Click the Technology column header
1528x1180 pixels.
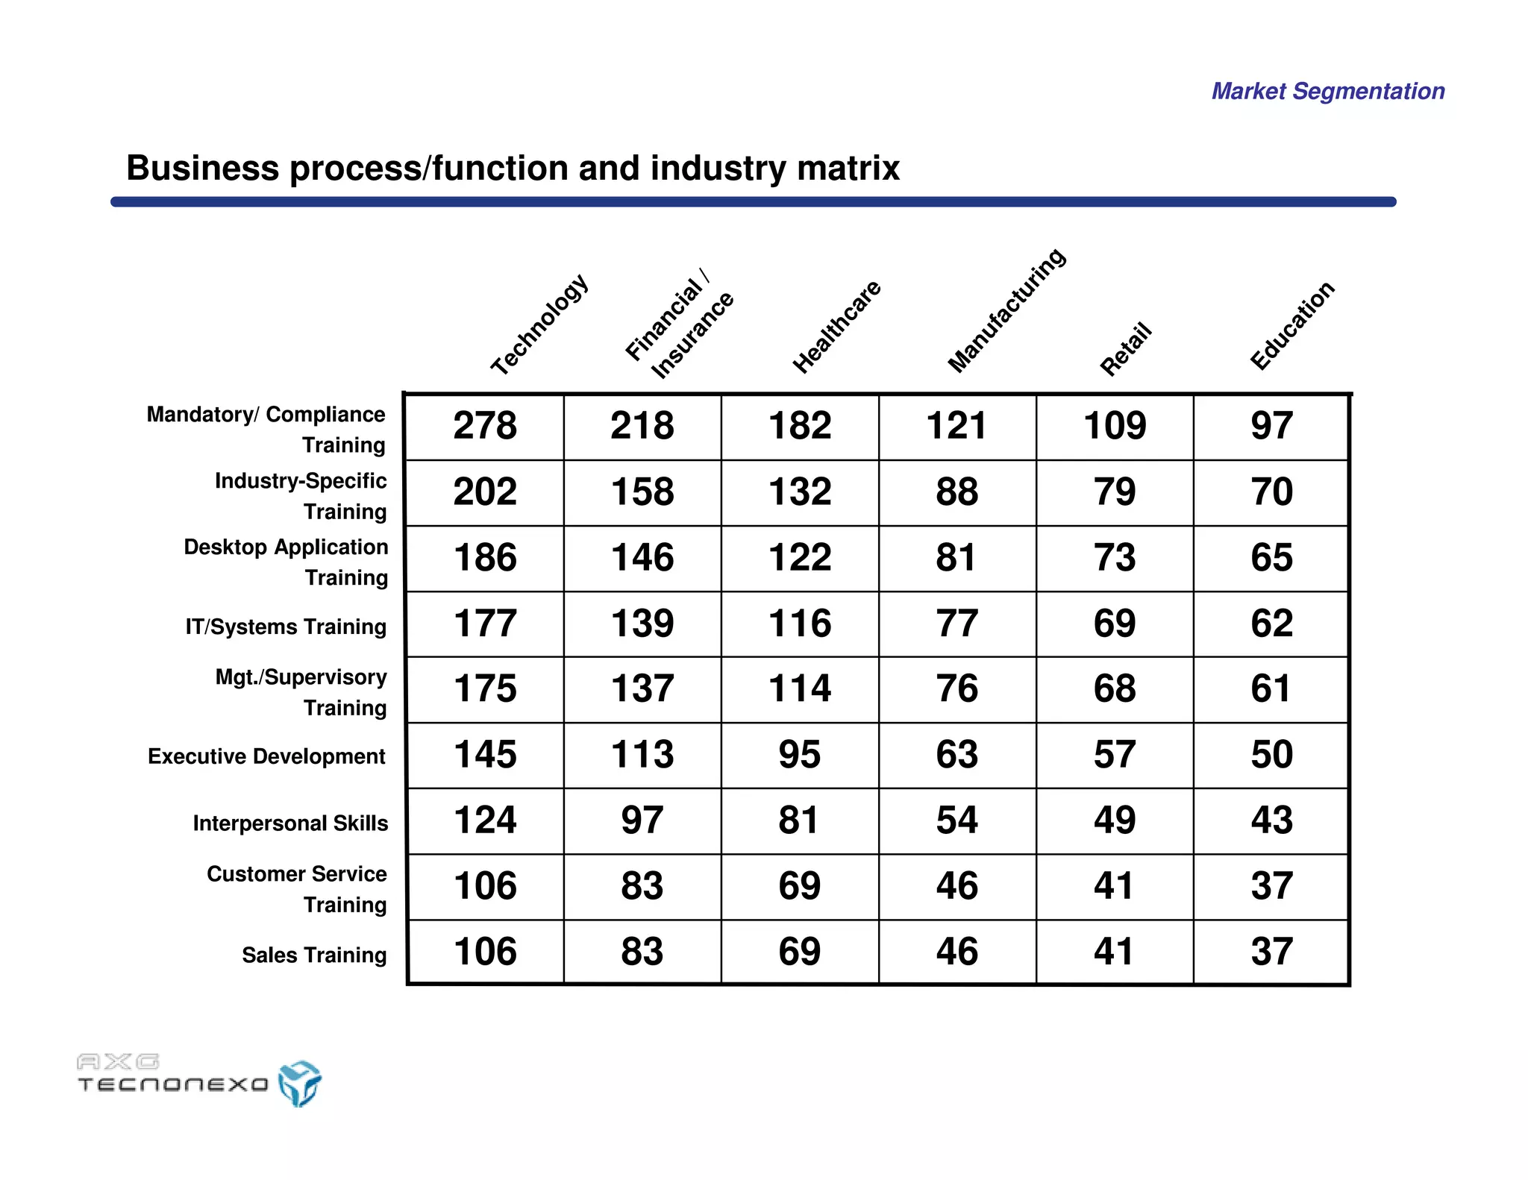(539, 324)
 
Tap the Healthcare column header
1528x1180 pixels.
(836, 327)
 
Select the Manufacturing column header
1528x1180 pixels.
(1006, 310)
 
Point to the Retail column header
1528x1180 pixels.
(1126, 349)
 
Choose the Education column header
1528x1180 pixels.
(1291, 326)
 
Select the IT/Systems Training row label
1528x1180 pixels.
(286, 627)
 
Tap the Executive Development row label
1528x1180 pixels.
(266, 756)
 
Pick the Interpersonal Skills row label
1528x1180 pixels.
(290, 823)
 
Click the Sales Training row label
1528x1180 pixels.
(314, 955)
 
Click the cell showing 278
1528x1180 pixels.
(485, 426)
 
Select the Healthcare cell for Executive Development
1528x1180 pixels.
(800, 754)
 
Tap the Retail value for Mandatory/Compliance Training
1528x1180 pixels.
(1115, 426)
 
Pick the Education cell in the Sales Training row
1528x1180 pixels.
(1271, 952)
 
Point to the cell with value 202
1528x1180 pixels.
(485, 492)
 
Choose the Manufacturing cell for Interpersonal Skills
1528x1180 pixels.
(957, 820)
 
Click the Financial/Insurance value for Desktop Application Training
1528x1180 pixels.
(642, 557)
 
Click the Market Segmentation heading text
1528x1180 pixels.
(1328, 91)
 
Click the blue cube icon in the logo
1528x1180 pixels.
(299, 1083)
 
